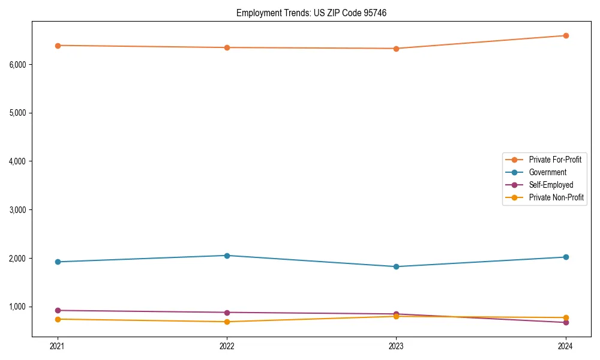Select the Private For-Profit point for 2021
pos(58,46)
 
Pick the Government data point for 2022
pos(227,256)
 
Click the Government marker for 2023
pos(396,266)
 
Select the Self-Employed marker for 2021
pos(58,311)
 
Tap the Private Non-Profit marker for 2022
pos(227,322)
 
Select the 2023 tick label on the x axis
pos(396,346)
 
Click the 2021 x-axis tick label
pos(58,346)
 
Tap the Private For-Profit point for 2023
pos(396,49)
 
